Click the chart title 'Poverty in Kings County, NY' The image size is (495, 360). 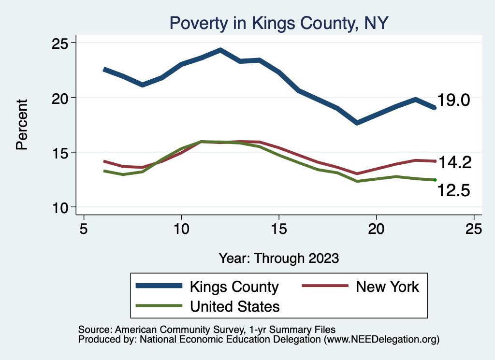[x=277, y=23]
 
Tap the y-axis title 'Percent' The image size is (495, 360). [x=22, y=124]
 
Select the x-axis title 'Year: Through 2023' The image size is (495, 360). [x=278, y=258]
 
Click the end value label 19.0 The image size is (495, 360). [x=453, y=101]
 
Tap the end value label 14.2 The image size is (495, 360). [x=454, y=162]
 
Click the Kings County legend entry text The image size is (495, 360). [x=234, y=287]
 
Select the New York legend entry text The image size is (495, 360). [x=387, y=287]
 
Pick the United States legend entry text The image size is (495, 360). [x=235, y=306]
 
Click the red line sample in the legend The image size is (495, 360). [x=325, y=286]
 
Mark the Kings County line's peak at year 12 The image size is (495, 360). [x=220, y=50]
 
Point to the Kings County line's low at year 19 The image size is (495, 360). [x=357, y=123]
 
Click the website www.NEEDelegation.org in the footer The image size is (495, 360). [x=381, y=339]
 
